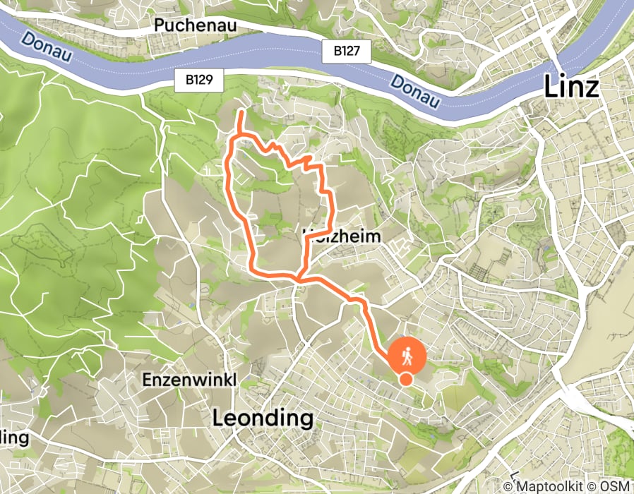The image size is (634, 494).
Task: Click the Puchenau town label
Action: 194,25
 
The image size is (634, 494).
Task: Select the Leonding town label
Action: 263,418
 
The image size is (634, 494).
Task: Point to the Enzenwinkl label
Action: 189,379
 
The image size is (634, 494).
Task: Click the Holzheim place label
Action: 342,236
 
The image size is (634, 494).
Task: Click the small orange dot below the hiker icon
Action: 406,379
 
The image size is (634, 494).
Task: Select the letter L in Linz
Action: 550,87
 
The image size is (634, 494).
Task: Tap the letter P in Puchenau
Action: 159,25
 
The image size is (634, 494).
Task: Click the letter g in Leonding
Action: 304,420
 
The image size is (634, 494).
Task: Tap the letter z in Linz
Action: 591,89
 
